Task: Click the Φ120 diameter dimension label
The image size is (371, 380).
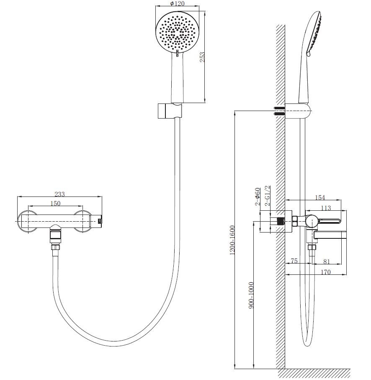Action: click(x=177, y=4)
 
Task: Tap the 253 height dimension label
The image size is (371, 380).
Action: click(x=202, y=57)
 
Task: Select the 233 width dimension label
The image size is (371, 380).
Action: click(x=59, y=194)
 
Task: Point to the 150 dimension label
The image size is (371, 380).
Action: click(x=55, y=203)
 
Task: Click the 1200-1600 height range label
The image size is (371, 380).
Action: click(x=232, y=240)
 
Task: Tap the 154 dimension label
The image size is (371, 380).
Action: click(x=319, y=197)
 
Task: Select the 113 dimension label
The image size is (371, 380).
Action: click(x=326, y=208)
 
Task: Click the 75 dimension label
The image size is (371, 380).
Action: click(x=294, y=261)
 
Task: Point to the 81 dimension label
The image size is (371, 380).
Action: click(x=327, y=261)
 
